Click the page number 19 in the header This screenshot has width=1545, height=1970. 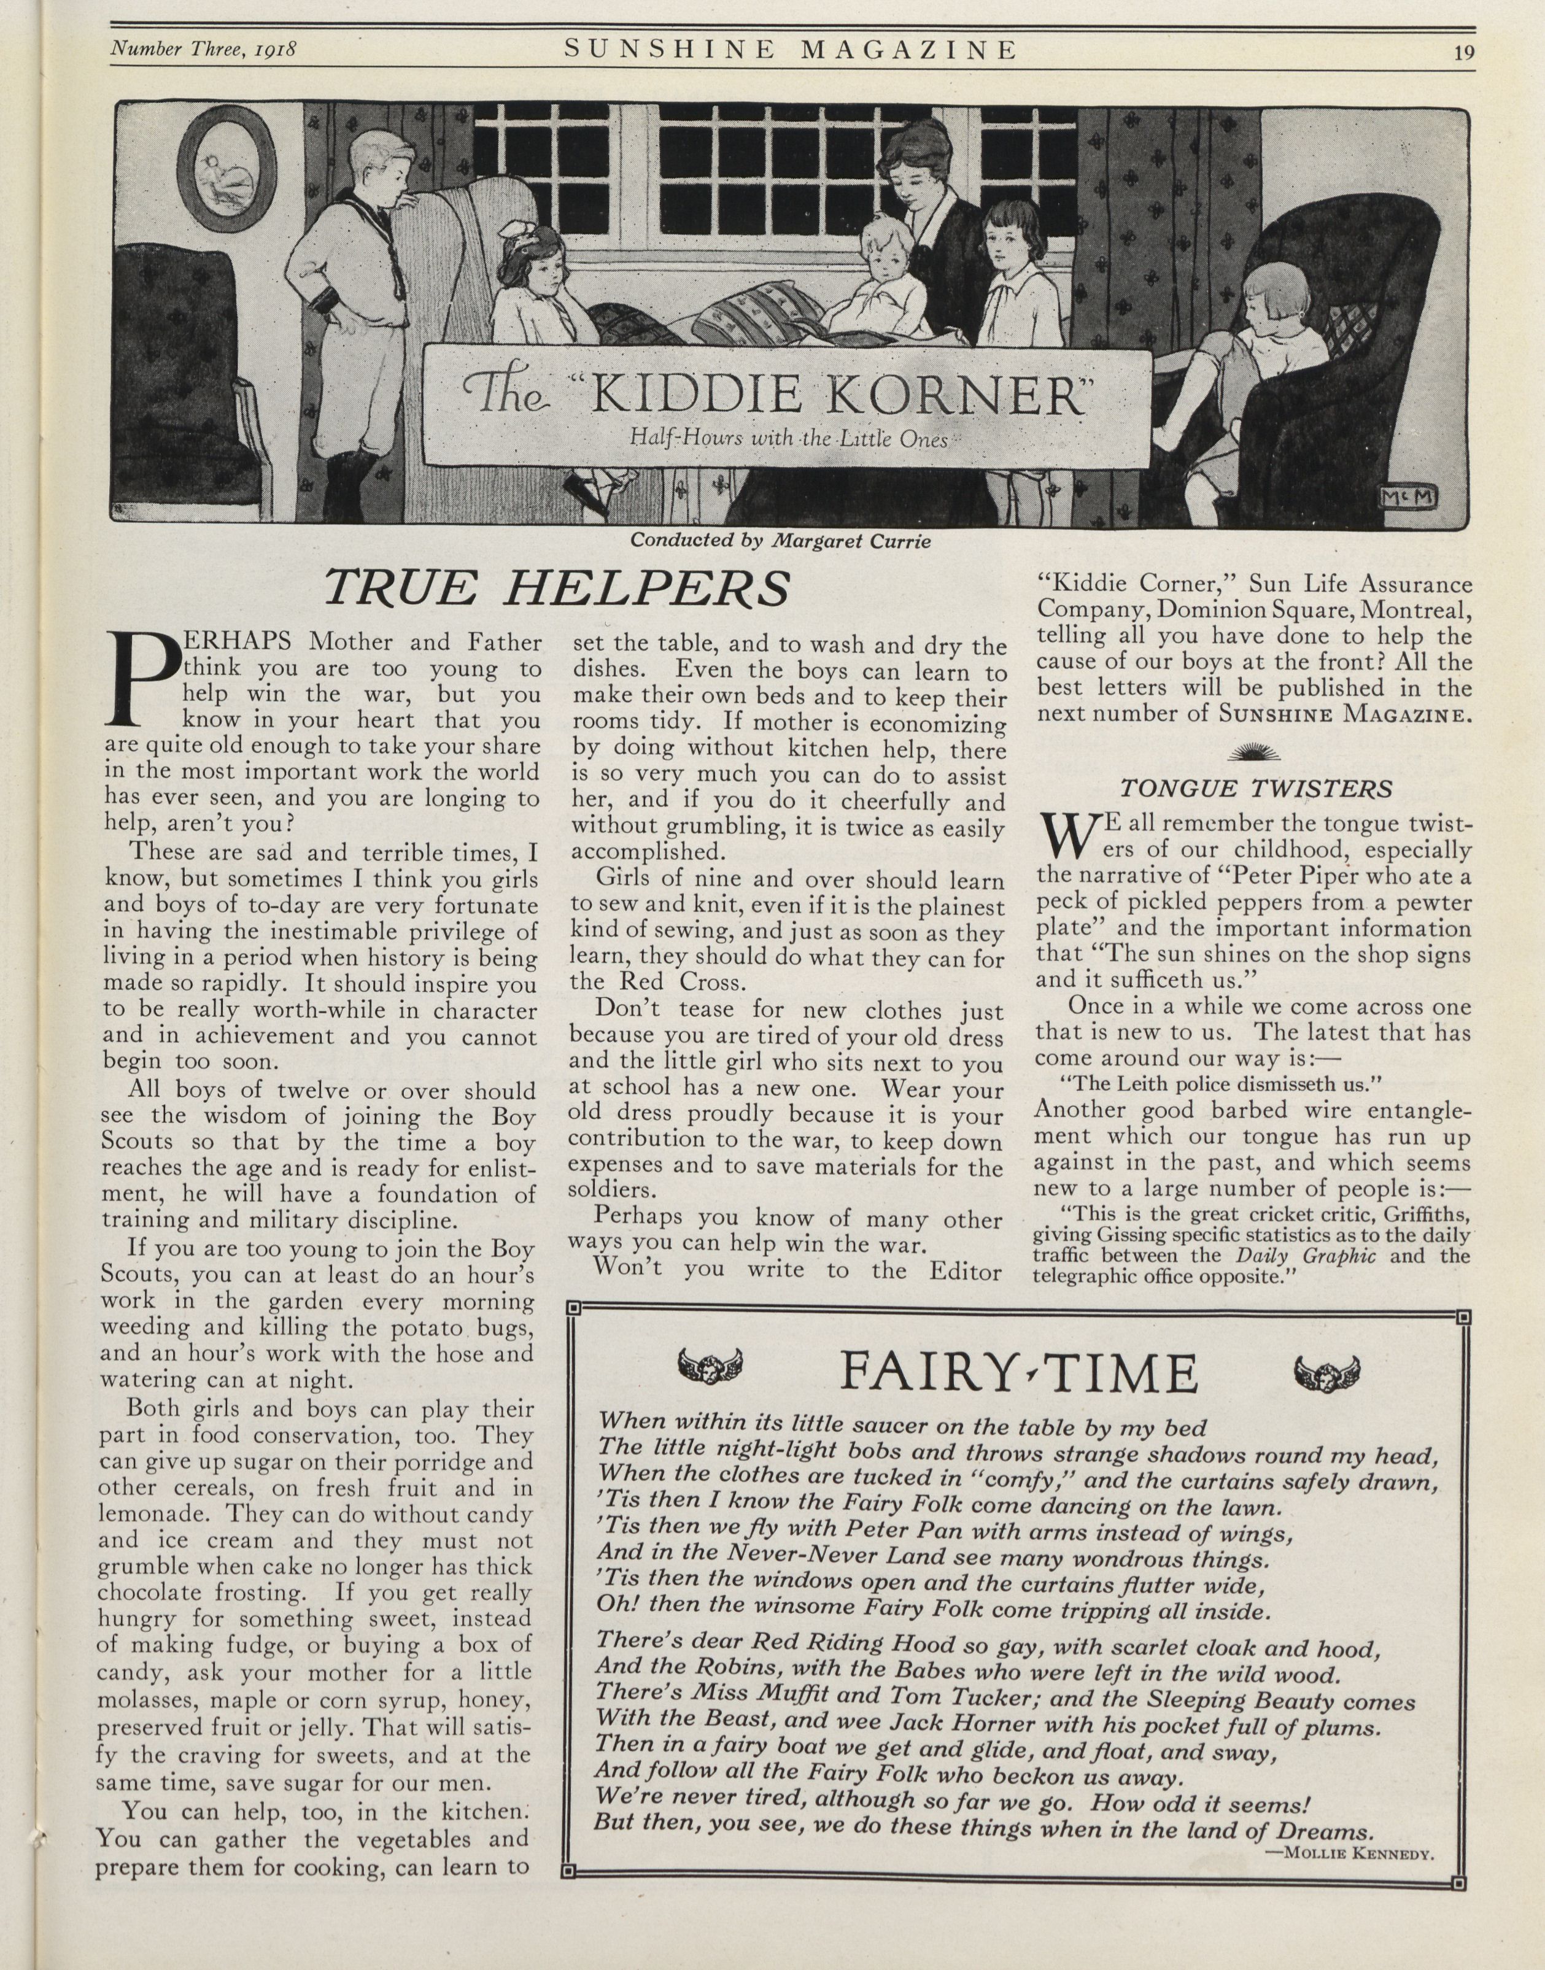(x=1463, y=52)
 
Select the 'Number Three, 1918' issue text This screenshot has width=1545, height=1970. (x=204, y=50)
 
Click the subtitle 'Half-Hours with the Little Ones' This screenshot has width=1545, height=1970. (x=788, y=441)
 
